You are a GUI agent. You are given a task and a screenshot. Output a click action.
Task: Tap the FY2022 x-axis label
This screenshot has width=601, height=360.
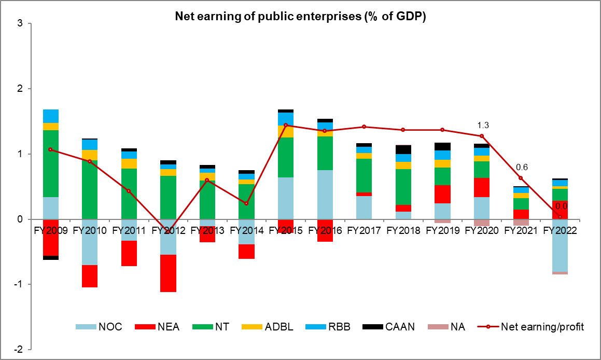point(561,229)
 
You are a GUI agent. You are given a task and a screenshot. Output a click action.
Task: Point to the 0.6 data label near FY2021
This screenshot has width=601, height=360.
point(522,167)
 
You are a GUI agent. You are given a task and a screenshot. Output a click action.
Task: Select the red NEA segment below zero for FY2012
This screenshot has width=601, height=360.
point(169,273)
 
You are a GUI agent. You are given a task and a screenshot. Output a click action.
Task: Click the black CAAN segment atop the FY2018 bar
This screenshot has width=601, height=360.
point(403,149)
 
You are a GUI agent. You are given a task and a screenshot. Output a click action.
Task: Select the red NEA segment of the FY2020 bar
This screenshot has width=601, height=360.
point(482,187)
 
